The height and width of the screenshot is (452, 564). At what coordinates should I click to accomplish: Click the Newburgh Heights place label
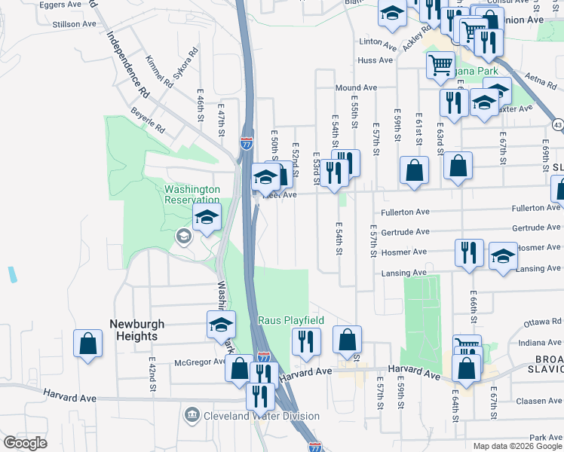[x=137, y=330]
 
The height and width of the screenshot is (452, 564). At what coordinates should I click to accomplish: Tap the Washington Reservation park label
[x=193, y=195]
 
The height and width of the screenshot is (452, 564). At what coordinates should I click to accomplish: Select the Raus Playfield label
[x=291, y=320]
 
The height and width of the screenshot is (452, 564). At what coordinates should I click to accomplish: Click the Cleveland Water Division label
[x=261, y=416]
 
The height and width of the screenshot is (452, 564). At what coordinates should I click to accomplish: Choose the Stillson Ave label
[x=74, y=24]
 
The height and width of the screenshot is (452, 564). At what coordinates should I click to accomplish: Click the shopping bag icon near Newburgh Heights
[x=88, y=343]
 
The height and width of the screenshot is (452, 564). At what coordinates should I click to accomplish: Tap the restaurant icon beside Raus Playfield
[x=306, y=341]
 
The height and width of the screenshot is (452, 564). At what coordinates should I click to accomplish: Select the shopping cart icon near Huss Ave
[x=440, y=64]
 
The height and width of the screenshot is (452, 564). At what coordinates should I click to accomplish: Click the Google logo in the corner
[x=26, y=443]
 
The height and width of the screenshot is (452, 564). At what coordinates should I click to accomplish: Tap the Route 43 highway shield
[x=557, y=123]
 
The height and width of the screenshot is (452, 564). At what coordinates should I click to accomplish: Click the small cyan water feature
[x=14, y=274]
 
